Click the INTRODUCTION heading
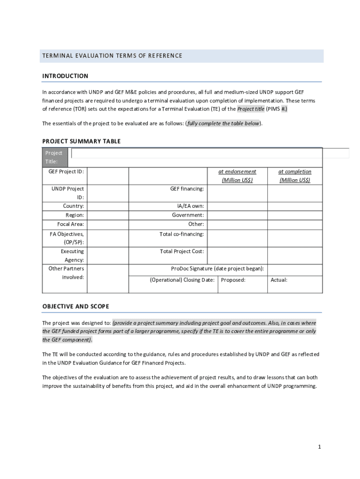(65, 76)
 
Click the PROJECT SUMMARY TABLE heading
(81, 141)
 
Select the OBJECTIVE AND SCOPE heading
(76, 306)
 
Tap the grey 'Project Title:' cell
(55, 157)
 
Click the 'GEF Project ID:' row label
(66, 172)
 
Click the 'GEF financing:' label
(187, 189)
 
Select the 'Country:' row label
(73, 206)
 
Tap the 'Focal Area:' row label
(71, 224)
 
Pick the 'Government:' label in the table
(188, 215)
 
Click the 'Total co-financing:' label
(181, 234)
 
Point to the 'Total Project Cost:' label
(182, 251)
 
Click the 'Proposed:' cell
(233, 280)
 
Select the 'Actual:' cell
(279, 280)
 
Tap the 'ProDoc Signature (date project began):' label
(217, 269)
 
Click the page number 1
(319, 447)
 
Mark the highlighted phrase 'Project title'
(251, 109)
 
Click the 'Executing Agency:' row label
(72, 255)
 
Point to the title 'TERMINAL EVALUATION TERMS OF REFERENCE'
(112, 56)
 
